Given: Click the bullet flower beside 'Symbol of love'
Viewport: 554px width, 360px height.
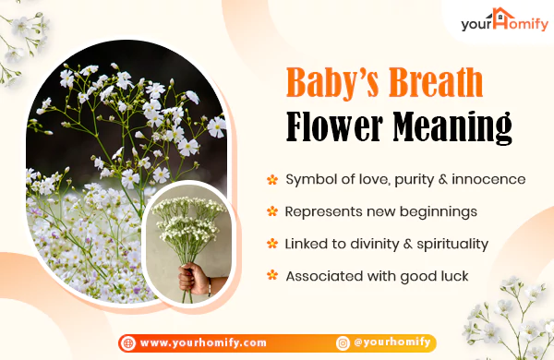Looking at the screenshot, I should pos(272,179).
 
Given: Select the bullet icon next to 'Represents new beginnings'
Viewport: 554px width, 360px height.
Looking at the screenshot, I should pos(272,211).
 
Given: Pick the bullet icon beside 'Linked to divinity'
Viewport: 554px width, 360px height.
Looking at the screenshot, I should pos(272,244).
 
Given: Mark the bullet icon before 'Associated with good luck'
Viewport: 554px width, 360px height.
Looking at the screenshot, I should pos(272,276).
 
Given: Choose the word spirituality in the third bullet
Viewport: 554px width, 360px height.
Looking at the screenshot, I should pos(454,244).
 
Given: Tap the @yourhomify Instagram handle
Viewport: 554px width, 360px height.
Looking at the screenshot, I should pos(392,343).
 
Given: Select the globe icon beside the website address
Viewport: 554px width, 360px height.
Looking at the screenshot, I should pos(128,343).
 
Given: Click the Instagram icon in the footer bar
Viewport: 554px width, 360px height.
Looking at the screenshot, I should pos(343,343).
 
